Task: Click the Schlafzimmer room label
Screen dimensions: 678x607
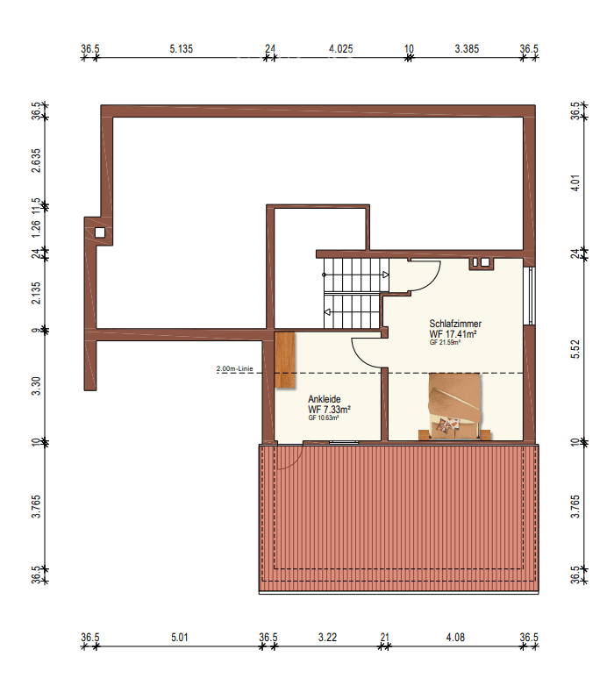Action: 455,323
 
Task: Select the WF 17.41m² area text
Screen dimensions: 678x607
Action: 453,333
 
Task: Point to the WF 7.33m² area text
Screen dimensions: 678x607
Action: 329,410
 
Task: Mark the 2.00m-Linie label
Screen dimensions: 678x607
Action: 234,369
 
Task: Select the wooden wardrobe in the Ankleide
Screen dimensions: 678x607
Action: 285,360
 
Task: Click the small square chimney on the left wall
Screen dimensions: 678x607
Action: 100,232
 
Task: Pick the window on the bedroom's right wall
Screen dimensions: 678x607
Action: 529,295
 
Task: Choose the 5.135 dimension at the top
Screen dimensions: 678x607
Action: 181,49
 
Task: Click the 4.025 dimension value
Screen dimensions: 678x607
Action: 340,49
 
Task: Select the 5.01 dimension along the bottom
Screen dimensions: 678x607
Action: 181,638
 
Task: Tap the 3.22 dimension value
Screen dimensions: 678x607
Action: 326,638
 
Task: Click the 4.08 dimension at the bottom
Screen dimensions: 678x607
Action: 455,638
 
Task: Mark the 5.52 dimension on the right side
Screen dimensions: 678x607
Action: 575,349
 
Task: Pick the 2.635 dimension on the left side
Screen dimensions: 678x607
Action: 36,161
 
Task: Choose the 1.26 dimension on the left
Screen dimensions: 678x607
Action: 36,230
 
